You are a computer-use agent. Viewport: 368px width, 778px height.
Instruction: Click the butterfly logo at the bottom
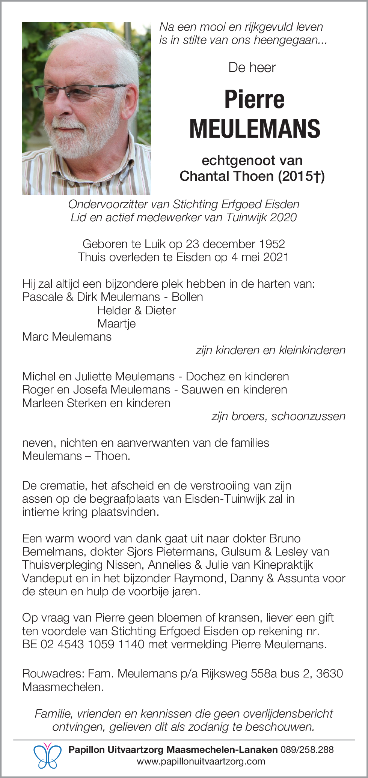[x=47, y=755]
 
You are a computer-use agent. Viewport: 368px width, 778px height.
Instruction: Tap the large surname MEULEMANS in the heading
[x=255, y=129]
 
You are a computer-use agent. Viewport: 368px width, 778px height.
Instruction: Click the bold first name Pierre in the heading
[x=255, y=99]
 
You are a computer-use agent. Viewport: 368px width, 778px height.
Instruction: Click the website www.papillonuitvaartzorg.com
[x=201, y=761]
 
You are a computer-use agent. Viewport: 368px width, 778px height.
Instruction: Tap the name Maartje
[x=116, y=323]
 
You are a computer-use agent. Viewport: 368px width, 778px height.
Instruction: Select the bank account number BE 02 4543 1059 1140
[x=83, y=644]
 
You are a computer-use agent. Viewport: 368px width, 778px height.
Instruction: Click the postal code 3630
[x=329, y=673]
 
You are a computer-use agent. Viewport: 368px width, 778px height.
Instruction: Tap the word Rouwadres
[x=52, y=673]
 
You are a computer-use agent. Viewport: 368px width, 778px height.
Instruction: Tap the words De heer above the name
[x=252, y=68]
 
